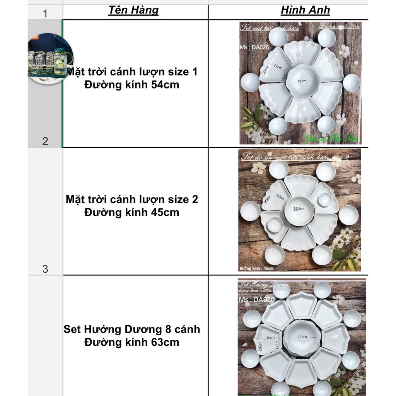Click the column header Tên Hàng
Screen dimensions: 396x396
coord(133,10)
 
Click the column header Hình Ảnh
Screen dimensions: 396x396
coord(305,10)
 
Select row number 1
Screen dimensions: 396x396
coord(45,14)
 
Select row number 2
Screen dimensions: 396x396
coord(45,141)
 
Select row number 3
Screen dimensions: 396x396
coord(45,269)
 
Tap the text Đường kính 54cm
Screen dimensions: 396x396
coord(132,85)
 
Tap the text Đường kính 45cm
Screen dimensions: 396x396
coord(132,212)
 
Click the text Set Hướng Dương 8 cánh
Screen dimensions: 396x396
coord(132,329)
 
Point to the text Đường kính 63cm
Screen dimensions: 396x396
coord(132,342)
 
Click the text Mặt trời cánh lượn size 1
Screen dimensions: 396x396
coord(132,72)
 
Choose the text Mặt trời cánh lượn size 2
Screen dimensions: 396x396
coord(132,200)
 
